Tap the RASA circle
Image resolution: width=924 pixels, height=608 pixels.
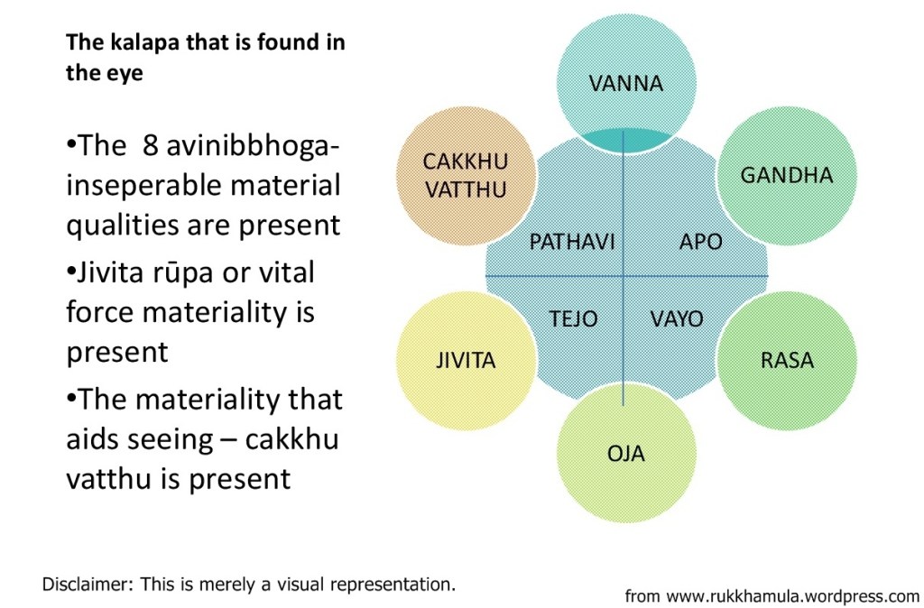[786, 361]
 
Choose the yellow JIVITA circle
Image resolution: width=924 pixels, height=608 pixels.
[466, 361]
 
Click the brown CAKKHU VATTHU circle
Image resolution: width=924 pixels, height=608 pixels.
[466, 175]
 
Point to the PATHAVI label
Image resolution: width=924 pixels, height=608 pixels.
[571, 242]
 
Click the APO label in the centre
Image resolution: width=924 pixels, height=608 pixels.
[700, 242]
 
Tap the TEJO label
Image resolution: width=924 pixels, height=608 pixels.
[573, 319]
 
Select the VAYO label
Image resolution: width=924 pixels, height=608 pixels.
[677, 319]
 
